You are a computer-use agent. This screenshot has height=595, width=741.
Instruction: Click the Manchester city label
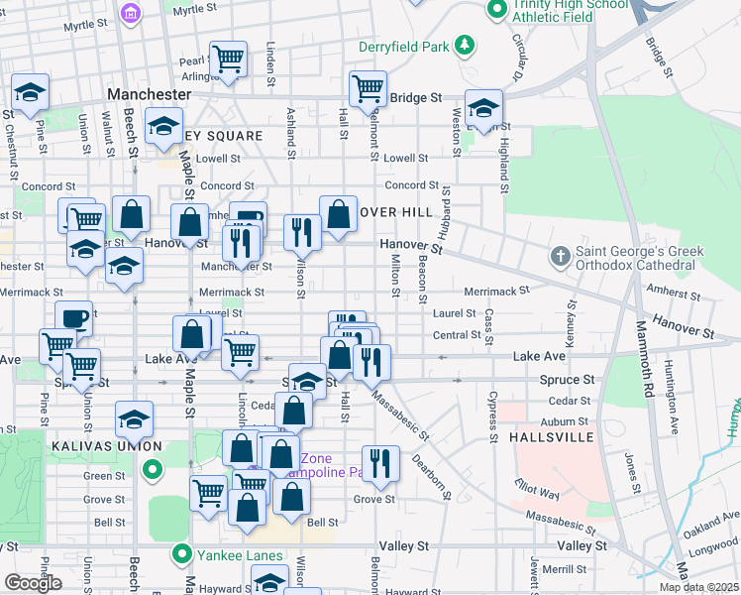pyautogui.click(x=149, y=94)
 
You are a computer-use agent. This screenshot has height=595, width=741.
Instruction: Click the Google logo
pyautogui.click(x=33, y=583)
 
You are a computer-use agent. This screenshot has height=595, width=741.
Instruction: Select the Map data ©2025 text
pyautogui.click(x=697, y=587)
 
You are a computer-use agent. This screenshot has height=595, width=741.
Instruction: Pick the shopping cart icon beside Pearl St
pyautogui.click(x=228, y=60)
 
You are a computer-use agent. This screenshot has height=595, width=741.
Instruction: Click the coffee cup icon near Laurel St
pyautogui.click(x=74, y=318)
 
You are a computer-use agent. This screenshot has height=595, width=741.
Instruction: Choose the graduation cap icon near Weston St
pyautogui.click(x=483, y=107)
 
